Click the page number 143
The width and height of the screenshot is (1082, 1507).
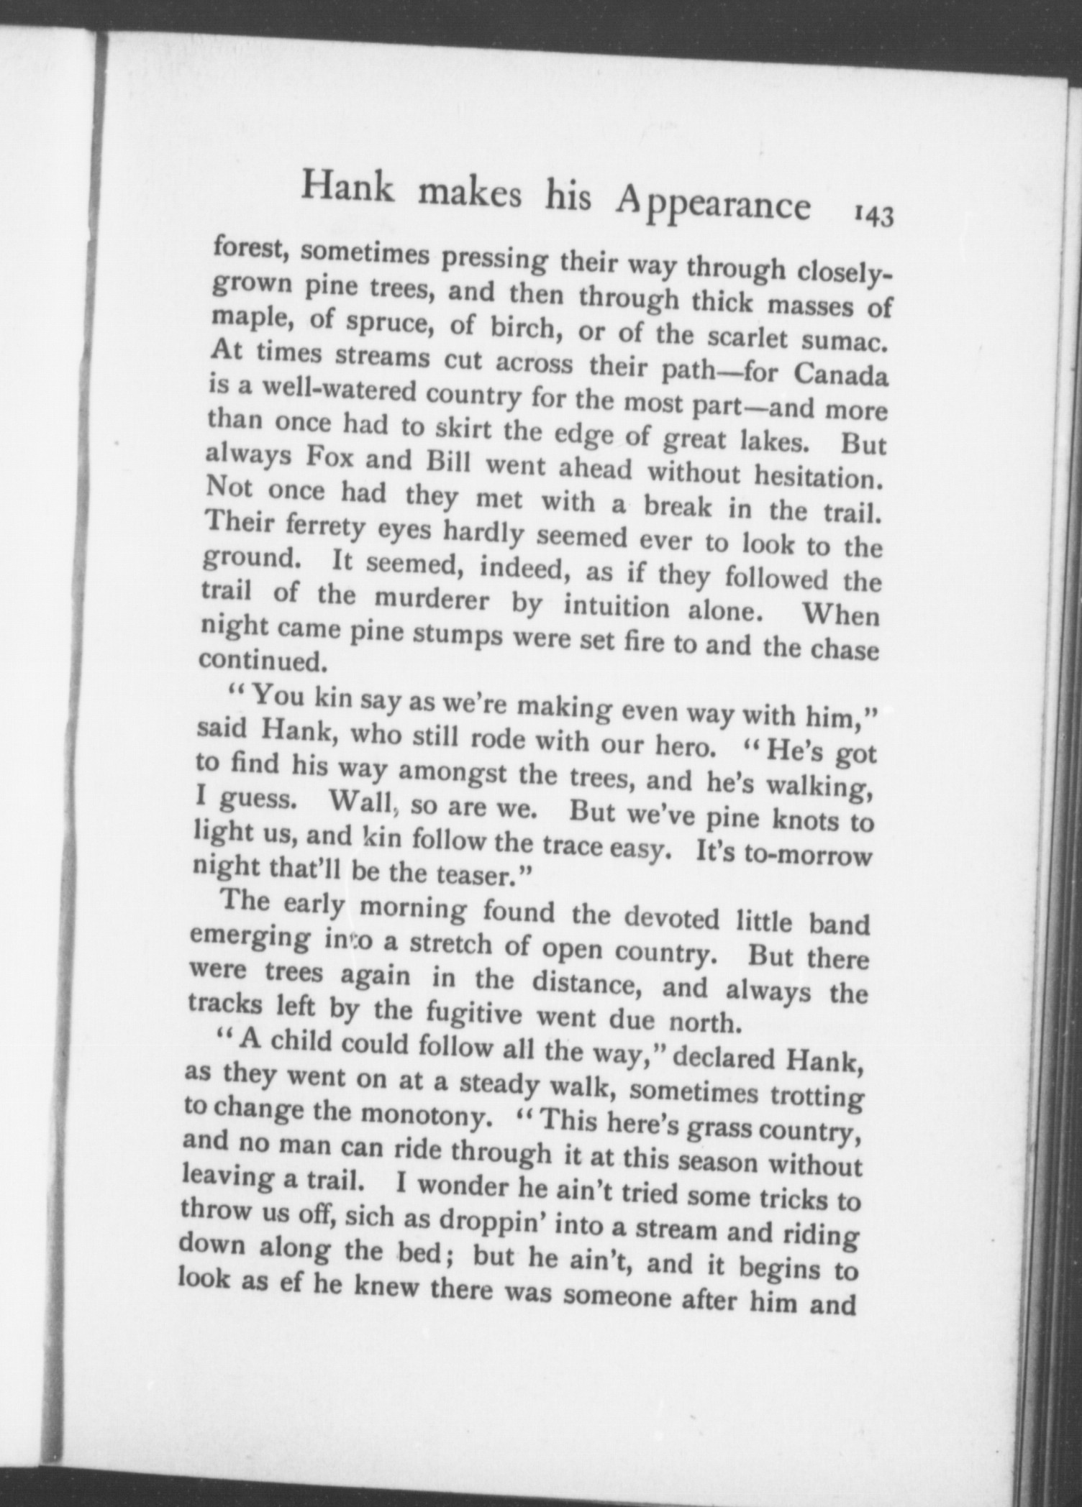point(873,215)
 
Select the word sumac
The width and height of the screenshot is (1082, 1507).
point(846,339)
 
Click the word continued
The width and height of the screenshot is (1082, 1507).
point(260,659)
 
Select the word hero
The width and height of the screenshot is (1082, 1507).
point(681,746)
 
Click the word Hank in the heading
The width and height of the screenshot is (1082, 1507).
point(349,187)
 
